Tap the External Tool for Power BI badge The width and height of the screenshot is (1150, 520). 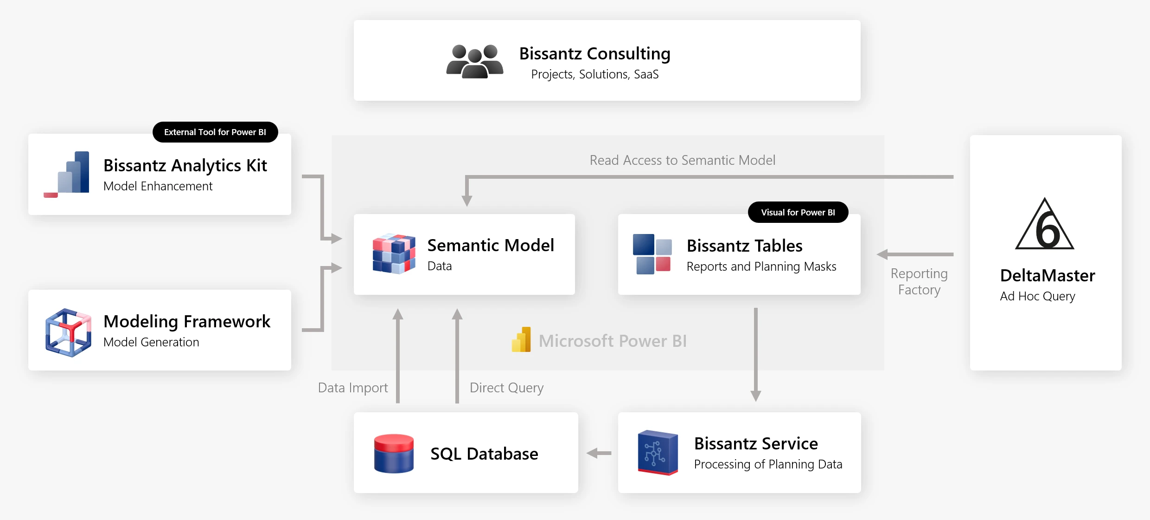(215, 132)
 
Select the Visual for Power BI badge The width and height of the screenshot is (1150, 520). (798, 212)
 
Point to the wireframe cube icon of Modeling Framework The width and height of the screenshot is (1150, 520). (68, 332)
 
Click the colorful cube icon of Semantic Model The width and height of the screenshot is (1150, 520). (394, 254)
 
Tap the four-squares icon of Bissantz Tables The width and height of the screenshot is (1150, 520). (652, 254)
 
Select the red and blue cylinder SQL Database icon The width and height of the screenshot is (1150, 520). (394, 453)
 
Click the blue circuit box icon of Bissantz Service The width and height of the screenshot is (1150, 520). (657, 453)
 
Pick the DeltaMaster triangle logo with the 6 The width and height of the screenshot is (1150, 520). (1044, 225)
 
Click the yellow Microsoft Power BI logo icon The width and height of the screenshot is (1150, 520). (521, 340)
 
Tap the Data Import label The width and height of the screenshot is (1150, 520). (352, 388)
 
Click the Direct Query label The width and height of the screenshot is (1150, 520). (506, 388)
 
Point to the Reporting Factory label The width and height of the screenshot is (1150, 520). (919, 281)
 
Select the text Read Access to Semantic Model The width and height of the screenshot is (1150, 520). (682, 160)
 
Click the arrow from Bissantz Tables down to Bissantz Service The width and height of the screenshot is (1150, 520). (755, 353)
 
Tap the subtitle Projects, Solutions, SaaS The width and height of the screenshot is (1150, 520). (594, 74)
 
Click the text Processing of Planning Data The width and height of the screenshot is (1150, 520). (768, 464)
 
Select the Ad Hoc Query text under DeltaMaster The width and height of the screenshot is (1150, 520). (1037, 296)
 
